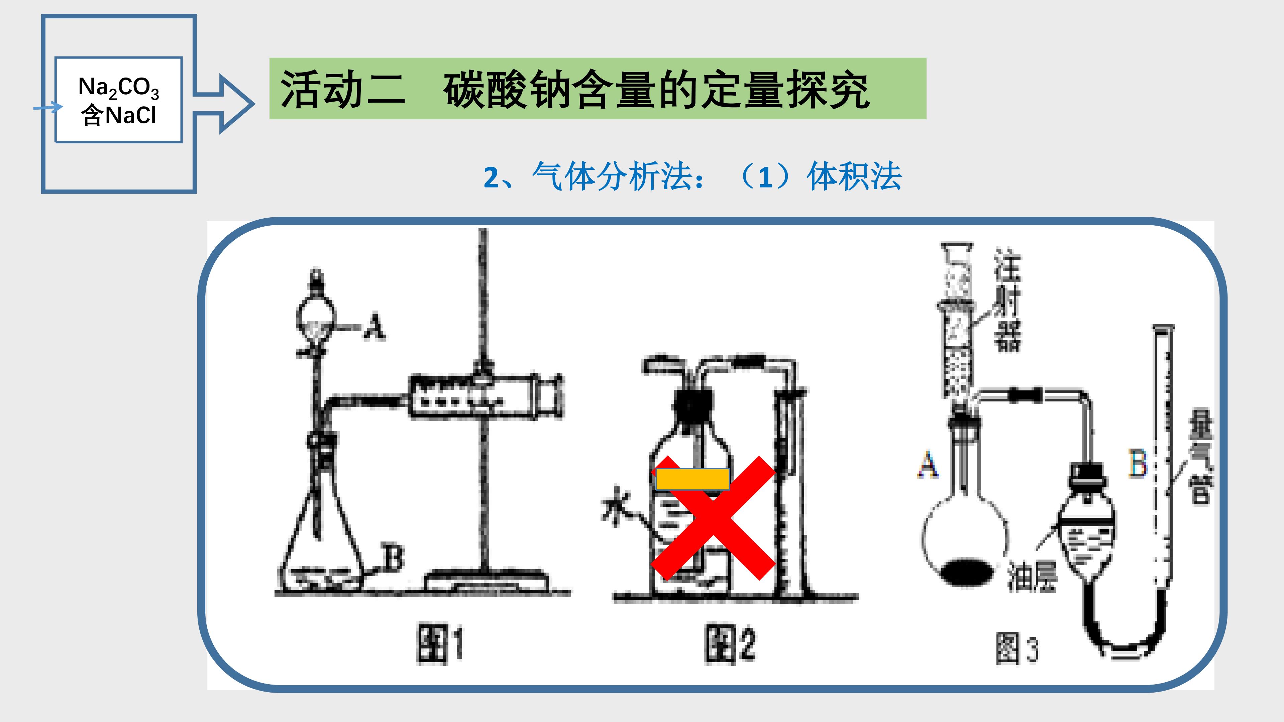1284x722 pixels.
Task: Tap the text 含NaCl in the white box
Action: [119, 115]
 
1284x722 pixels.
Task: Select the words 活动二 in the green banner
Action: [343, 89]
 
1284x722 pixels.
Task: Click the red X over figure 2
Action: [713, 518]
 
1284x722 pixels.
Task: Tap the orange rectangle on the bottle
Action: [693, 479]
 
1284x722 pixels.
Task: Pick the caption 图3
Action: [1017, 648]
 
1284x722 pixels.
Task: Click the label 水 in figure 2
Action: [616, 505]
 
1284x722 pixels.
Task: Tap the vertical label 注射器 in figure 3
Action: [1007, 299]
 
